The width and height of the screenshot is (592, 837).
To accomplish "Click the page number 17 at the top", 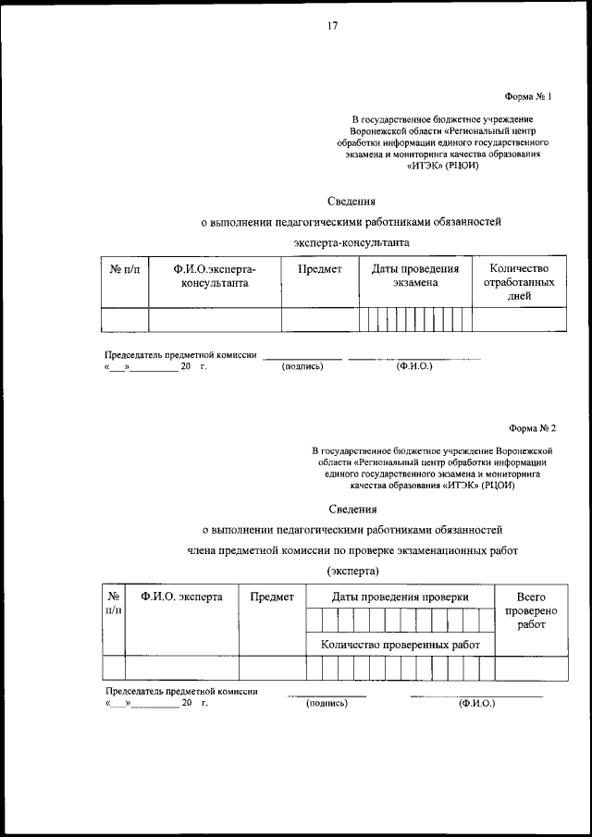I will pyautogui.click(x=332, y=26).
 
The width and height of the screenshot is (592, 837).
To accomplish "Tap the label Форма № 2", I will pyautogui.click(x=532, y=428).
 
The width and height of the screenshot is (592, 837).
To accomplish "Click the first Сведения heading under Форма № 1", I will pyautogui.click(x=352, y=200).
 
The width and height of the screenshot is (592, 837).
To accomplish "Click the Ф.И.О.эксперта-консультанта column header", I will pyautogui.click(x=215, y=276).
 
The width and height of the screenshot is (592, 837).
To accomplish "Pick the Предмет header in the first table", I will pyautogui.click(x=320, y=269).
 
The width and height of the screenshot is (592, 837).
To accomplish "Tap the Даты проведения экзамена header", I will pyautogui.click(x=415, y=276).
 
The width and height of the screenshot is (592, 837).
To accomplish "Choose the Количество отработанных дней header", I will pyautogui.click(x=519, y=282).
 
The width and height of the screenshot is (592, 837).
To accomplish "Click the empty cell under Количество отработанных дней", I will pyautogui.click(x=519, y=319).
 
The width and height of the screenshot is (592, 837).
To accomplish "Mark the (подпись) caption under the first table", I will pyautogui.click(x=302, y=367).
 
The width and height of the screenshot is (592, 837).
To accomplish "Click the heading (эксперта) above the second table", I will pyautogui.click(x=352, y=571).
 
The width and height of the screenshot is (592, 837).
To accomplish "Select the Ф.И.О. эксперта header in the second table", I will pyautogui.click(x=182, y=597).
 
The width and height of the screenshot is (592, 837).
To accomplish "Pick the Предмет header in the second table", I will pyautogui.click(x=272, y=597).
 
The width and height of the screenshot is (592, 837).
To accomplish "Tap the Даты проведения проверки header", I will pyautogui.click(x=401, y=597).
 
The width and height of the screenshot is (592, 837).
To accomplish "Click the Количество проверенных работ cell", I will pyautogui.click(x=401, y=645).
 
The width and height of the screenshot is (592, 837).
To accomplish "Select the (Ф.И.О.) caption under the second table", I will pyautogui.click(x=476, y=704).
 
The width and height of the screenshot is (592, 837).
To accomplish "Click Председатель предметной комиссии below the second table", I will pyautogui.click(x=181, y=691).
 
